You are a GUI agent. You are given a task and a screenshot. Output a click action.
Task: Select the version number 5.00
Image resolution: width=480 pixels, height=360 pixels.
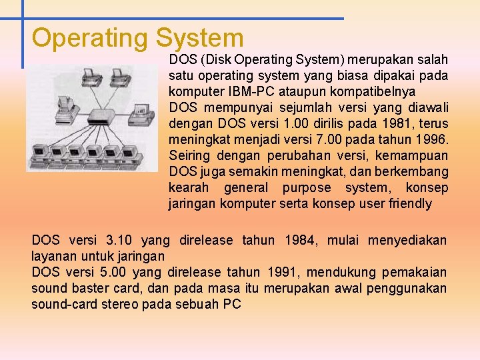coord(113,272)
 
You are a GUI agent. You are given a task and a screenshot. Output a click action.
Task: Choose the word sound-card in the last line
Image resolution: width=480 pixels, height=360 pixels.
coord(63,304)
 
